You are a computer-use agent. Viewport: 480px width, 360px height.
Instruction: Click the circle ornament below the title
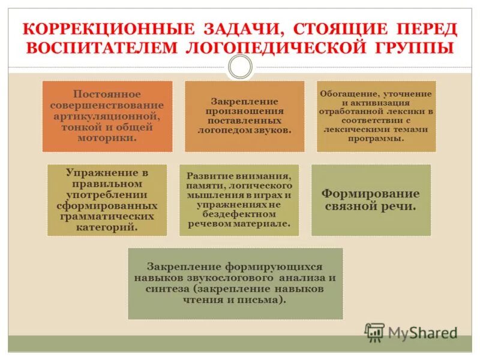pos(240,67)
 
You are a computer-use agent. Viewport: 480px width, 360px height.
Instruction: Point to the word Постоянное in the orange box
pos(107,94)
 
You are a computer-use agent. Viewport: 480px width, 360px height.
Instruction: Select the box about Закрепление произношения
pos(244,116)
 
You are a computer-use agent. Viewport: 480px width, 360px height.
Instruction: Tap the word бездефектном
pos(239,214)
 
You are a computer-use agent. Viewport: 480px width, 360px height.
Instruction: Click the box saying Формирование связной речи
pos(370,200)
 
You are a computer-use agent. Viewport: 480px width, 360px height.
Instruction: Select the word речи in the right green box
pos(398,206)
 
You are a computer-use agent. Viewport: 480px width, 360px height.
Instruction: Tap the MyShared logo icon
pos(375,331)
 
